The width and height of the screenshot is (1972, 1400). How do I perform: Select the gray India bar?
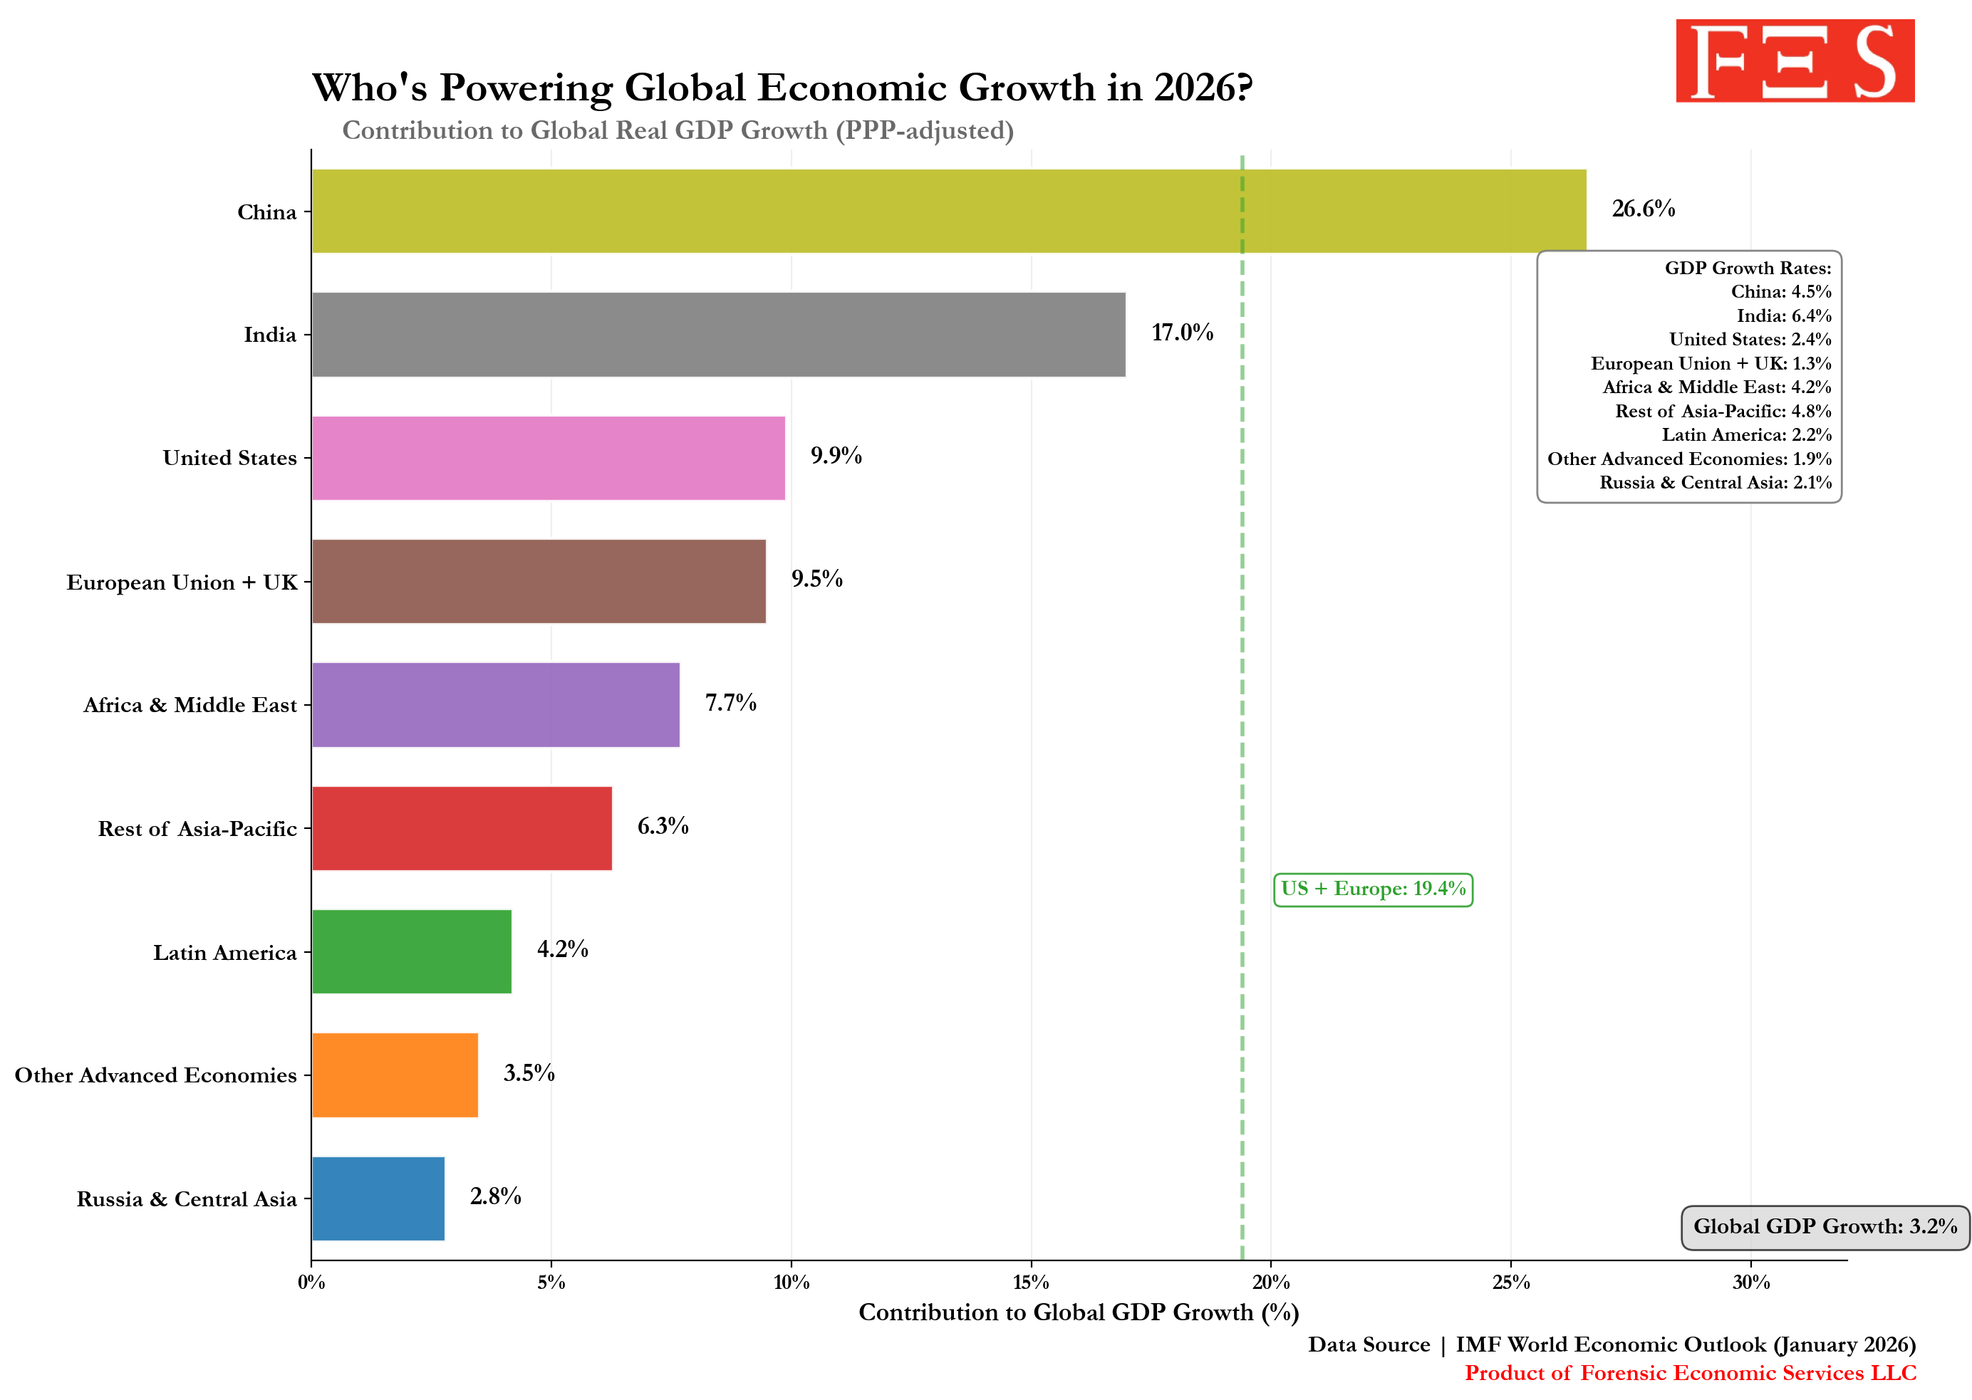click(x=717, y=335)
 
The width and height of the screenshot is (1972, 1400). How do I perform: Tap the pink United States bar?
click(x=548, y=458)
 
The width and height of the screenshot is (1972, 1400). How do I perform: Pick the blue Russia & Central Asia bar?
click(x=378, y=1198)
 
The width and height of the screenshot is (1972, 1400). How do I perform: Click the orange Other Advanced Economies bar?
click(x=394, y=1075)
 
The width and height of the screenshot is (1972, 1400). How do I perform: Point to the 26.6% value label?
click(x=1643, y=209)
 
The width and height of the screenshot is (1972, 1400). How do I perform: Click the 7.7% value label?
click(x=730, y=703)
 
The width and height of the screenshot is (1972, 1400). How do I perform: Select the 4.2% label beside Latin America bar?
click(x=562, y=949)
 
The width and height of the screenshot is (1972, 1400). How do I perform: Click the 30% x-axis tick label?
click(x=1750, y=1283)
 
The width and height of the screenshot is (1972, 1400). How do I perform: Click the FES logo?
click(x=1795, y=61)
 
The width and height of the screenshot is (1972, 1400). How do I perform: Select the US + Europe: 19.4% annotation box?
click(x=1373, y=889)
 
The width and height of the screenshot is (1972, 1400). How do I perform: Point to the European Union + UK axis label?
click(x=182, y=583)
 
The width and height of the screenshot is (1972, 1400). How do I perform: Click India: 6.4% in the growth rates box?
click(x=1783, y=315)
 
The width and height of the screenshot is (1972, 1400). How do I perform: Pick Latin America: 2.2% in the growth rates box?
click(x=1746, y=434)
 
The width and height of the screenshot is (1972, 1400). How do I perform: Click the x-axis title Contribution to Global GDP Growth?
click(x=1078, y=1313)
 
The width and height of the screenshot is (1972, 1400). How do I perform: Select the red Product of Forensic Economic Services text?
click(x=1689, y=1373)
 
